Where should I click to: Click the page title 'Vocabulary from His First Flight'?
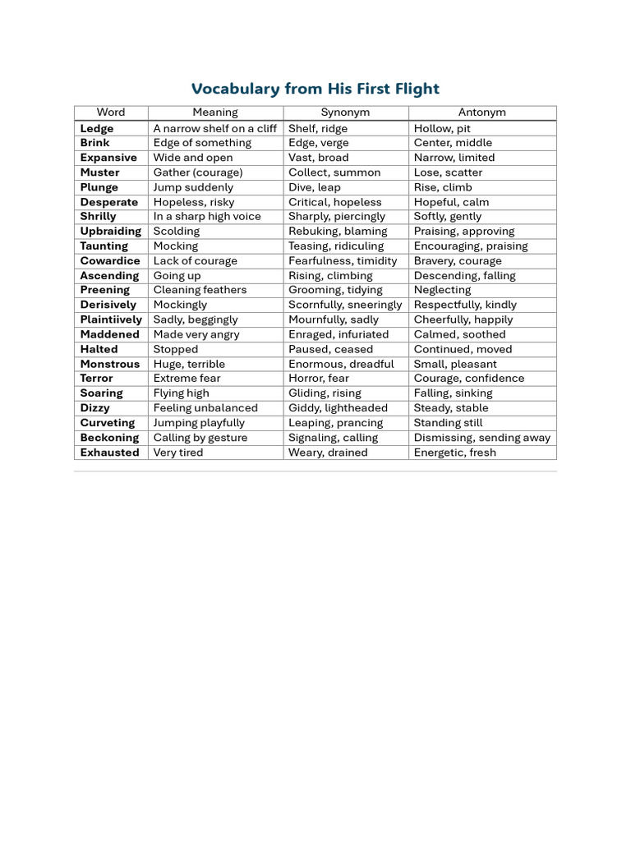315,89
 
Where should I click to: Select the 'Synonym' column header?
345,113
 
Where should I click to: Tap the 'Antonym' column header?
481,113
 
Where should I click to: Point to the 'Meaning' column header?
215,113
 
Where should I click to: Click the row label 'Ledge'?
97,128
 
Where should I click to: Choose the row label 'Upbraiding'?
111,232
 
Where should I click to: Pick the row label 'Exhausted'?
109,453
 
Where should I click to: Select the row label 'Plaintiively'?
111,319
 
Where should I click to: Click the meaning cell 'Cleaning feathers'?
200,290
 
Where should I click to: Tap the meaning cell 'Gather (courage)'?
198,172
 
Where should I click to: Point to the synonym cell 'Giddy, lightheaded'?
338,408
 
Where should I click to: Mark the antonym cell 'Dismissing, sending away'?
482,438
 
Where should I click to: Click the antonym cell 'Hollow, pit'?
442,128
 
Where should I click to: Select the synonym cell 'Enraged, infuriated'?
339,334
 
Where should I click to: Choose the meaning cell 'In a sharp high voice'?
207,217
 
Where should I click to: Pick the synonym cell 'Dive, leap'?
314,187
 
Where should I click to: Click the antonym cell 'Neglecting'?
442,290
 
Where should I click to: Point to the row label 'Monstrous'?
110,364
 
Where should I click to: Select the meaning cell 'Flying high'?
182,393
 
